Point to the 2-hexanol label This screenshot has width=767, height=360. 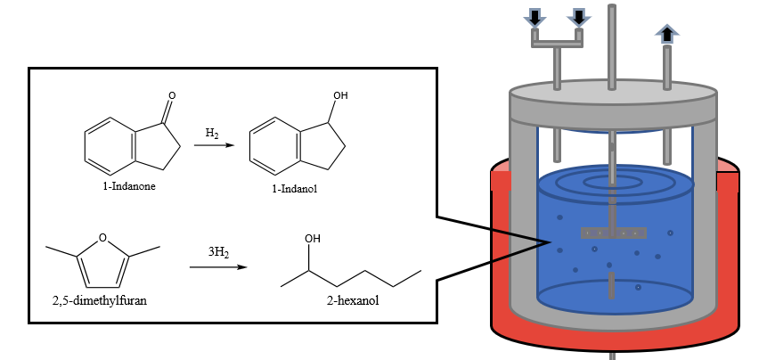click(x=353, y=300)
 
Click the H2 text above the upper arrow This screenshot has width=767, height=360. click(x=212, y=134)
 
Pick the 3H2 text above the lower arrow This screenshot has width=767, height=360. click(x=218, y=253)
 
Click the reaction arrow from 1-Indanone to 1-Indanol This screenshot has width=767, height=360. click(x=212, y=145)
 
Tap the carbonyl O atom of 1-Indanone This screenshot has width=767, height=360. click(x=172, y=94)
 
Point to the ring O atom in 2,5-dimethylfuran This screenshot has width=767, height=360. click(x=103, y=237)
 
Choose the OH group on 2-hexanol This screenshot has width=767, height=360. click(x=312, y=239)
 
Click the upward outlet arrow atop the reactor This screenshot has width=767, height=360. click(x=665, y=33)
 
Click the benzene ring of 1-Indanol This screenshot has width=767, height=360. click(x=272, y=145)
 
